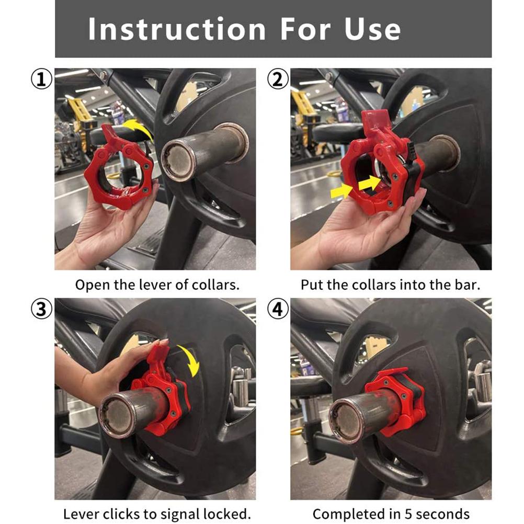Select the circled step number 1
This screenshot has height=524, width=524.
(41, 79)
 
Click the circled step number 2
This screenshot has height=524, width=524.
(277, 79)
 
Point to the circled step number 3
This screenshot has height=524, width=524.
(41, 309)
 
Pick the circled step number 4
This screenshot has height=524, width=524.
(277, 309)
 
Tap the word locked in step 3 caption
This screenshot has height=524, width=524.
(228, 514)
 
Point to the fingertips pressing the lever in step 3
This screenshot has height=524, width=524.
(161, 344)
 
